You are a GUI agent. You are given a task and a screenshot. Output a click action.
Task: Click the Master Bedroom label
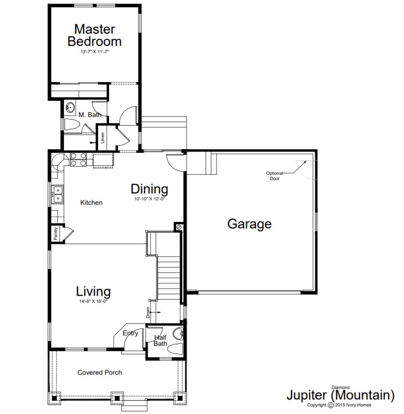click(x=95, y=35)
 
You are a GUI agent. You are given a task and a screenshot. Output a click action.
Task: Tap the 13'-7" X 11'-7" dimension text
click(x=95, y=52)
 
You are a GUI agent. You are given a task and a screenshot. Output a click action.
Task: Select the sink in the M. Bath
click(x=70, y=108)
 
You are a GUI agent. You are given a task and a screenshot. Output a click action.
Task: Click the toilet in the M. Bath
click(x=72, y=124)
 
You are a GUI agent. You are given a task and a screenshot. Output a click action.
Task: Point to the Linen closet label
click(x=102, y=138)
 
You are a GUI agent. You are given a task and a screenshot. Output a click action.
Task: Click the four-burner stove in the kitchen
click(x=78, y=160)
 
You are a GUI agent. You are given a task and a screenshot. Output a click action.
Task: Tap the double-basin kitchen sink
click(x=58, y=194)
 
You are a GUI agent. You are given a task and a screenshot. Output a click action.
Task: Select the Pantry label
click(x=55, y=233)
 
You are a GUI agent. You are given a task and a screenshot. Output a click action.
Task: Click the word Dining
click(x=150, y=189)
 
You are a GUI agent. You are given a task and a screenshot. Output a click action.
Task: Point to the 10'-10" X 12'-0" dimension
click(x=150, y=199)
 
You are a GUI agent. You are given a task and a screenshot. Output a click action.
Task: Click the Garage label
click(x=249, y=224)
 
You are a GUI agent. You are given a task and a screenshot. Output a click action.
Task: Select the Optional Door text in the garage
click(x=275, y=176)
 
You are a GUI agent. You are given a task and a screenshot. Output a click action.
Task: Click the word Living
click(x=93, y=291)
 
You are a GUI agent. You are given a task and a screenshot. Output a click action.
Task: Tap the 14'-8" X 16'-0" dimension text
click(x=93, y=301)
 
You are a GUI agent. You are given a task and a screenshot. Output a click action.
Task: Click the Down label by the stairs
click(x=148, y=312)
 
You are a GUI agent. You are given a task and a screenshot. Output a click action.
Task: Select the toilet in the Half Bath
click(x=175, y=349)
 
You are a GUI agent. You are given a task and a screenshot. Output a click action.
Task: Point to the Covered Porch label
click(x=100, y=372)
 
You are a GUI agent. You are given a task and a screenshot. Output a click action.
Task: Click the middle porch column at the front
click(x=117, y=398)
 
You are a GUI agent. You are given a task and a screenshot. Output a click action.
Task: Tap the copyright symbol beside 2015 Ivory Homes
click(x=330, y=405)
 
